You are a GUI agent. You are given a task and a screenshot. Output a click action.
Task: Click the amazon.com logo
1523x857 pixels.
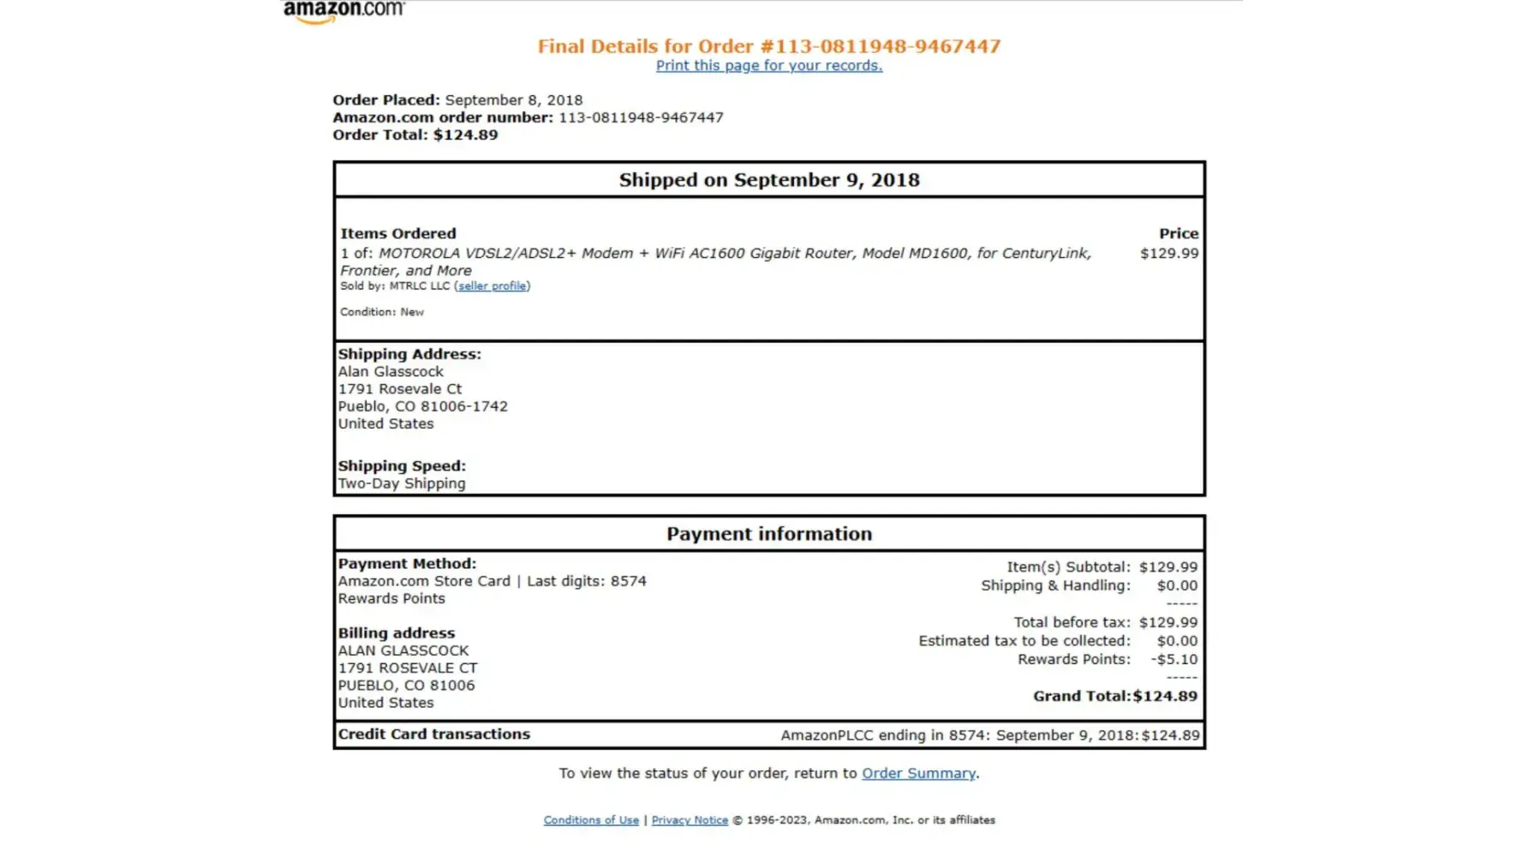(343, 11)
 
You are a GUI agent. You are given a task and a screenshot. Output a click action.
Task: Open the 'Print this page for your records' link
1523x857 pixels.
(768, 66)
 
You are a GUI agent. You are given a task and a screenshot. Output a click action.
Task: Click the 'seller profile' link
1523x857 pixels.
(492, 286)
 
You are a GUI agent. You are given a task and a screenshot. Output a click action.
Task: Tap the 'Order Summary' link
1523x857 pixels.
(918, 773)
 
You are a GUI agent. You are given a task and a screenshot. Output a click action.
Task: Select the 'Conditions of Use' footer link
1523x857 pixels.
(591, 820)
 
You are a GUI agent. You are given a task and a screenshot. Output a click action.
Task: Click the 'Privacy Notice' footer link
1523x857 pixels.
(690, 820)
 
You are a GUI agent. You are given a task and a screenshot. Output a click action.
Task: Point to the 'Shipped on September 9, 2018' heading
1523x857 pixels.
(768, 180)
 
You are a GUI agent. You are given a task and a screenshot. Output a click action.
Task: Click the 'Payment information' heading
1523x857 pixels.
(768, 534)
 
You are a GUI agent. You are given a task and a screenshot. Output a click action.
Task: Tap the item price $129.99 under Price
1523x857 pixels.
(1168, 254)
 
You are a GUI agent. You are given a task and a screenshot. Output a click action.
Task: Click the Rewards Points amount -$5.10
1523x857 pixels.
(1174, 660)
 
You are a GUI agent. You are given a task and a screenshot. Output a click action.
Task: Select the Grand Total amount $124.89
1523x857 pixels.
(1165, 697)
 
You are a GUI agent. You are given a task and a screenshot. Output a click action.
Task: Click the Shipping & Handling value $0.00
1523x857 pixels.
(1177, 586)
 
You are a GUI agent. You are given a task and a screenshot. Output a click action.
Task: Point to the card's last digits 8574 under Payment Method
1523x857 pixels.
(628, 581)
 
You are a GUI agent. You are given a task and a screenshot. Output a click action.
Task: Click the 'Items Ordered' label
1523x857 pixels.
(398, 234)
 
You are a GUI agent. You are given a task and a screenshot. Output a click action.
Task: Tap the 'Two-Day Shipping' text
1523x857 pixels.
(402, 483)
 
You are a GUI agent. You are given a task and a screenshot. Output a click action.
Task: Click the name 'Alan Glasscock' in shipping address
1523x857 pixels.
(391, 372)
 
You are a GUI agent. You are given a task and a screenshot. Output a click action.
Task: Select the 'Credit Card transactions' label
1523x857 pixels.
(433, 734)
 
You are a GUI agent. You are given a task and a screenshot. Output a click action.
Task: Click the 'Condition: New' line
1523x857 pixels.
(382, 312)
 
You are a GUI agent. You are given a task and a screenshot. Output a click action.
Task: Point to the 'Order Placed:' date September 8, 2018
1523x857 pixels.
(513, 100)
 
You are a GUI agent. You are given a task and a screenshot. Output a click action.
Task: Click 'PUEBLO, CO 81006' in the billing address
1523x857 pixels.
(406, 686)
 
